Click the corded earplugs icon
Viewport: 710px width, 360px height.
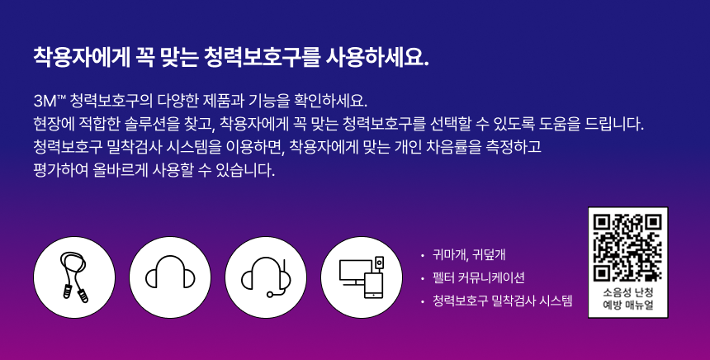pyautogui.click(x=74, y=277)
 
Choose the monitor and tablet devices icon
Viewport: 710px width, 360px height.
pyautogui.click(x=362, y=277)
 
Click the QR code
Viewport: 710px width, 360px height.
pyautogui.click(x=627, y=248)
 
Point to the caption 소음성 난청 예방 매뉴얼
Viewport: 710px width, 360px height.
pyautogui.click(x=628, y=298)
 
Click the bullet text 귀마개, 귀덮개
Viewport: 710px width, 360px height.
pyautogui.click(x=469, y=255)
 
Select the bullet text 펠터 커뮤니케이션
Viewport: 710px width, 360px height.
pyautogui.click(x=479, y=277)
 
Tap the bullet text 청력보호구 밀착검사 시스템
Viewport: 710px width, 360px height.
pyautogui.click(x=503, y=301)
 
